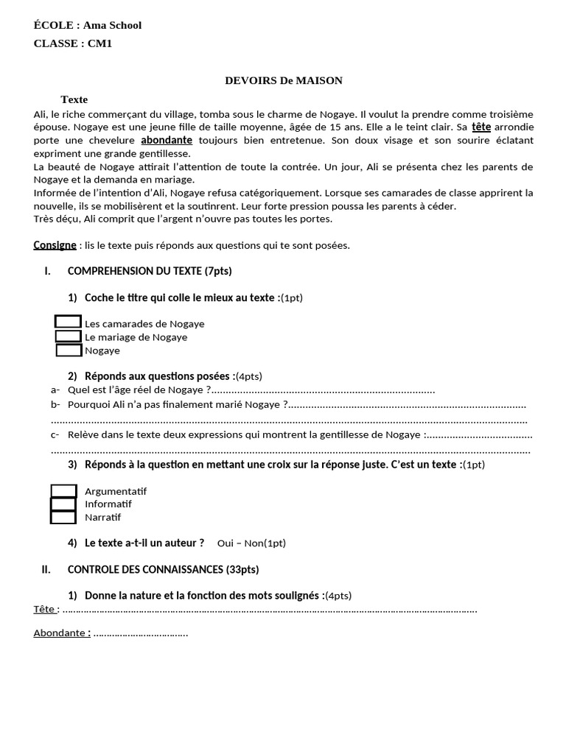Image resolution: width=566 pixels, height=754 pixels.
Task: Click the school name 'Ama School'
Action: click(x=112, y=26)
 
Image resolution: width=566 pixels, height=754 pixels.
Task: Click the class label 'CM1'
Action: click(x=99, y=43)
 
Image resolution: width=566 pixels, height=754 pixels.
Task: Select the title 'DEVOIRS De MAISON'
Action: click(x=284, y=80)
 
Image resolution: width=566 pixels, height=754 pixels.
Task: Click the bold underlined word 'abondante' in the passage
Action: click(x=167, y=140)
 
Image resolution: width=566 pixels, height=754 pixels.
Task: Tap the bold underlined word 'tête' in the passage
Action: click(x=481, y=127)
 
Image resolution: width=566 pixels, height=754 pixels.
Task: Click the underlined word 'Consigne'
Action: click(x=55, y=245)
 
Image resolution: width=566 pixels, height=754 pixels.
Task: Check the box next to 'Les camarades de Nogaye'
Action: click(x=68, y=323)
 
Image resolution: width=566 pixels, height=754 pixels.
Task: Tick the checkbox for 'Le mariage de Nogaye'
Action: click(x=69, y=337)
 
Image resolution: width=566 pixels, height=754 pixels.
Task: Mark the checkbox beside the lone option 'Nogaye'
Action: click(x=69, y=350)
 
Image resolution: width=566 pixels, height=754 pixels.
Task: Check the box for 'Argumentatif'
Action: click(x=63, y=491)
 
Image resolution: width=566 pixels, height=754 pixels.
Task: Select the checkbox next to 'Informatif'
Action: click(x=63, y=504)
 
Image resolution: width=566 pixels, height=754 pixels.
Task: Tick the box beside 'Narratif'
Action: click(x=63, y=517)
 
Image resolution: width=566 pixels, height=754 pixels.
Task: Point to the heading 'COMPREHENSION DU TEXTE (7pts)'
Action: click(x=150, y=271)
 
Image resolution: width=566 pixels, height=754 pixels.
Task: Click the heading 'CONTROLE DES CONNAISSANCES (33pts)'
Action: click(x=163, y=569)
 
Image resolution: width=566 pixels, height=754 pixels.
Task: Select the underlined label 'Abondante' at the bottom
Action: click(x=60, y=633)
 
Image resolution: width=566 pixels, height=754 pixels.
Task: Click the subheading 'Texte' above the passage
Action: click(x=74, y=99)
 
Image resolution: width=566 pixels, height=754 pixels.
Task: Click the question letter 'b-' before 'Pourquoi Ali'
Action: click(x=55, y=404)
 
